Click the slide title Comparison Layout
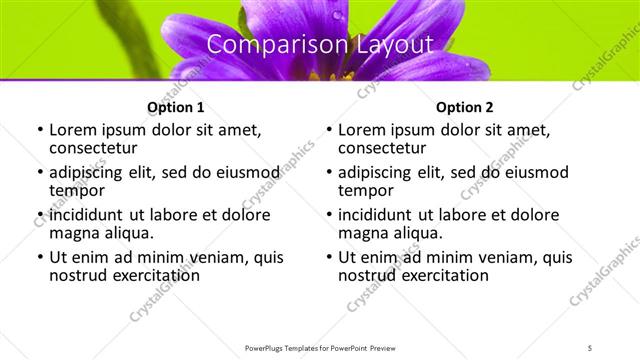319,45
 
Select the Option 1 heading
175,107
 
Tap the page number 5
590,347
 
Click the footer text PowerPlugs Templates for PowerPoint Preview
319,347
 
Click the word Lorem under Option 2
362,130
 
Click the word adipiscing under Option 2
378,172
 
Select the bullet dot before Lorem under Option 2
328,131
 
